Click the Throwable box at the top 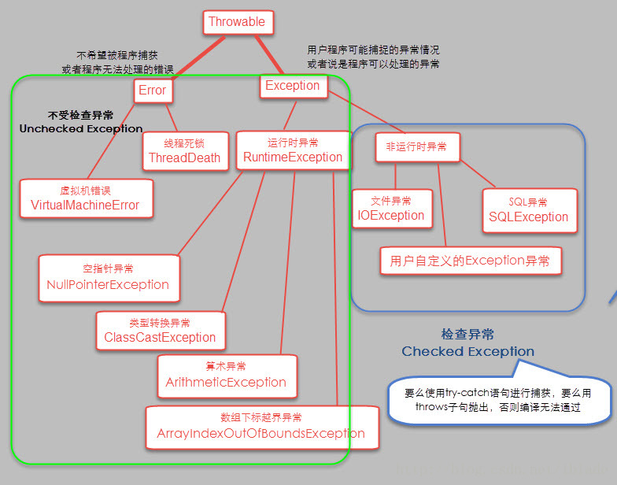click(x=238, y=22)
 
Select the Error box click(x=153, y=91)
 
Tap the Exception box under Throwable click(x=293, y=86)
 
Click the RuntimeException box click(x=293, y=150)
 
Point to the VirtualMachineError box click(x=85, y=198)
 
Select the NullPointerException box click(x=108, y=278)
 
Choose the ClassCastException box click(x=160, y=331)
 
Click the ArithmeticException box click(x=227, y=376)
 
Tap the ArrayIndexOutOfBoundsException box click(x=260, y=427)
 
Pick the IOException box click(x=391, y=209)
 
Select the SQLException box click(x=528, y=210)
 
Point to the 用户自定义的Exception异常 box click(x=470, y=261)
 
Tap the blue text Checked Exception click(x=467, y=351)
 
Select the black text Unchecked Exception click(x=81, y=128)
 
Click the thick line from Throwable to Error click(x=194, y=57)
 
